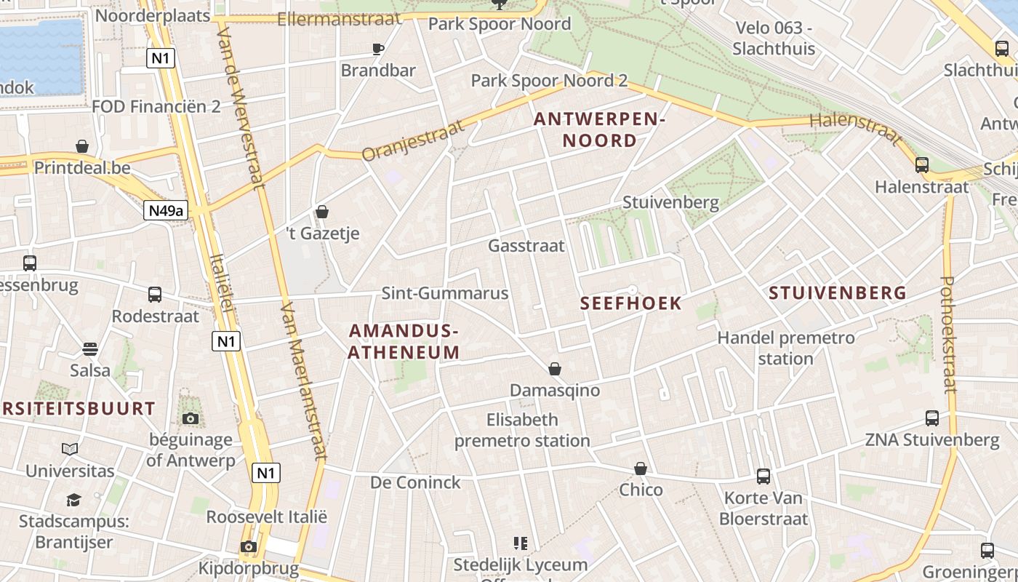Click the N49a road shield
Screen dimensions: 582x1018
[166, 211]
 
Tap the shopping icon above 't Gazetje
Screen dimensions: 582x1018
[322, 212]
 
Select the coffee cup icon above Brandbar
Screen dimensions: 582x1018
[377, 49]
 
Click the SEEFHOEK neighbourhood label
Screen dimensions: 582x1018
[631, 303]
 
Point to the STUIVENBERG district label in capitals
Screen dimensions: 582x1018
[838, 293]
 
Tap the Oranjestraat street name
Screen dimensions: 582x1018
[412, 140]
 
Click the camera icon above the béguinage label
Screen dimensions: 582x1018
[191, 418]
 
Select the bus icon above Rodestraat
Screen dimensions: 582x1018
[155, 295]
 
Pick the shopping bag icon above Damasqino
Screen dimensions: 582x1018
[555, 369]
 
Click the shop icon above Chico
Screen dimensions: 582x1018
[641, 469]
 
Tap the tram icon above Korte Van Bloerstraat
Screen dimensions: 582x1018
[763, 477]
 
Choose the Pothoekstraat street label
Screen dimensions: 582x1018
[948, 335]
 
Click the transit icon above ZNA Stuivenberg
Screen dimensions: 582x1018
[932, 418]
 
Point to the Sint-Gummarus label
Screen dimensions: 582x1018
[445, 293]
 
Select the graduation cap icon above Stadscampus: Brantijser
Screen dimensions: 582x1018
[73, 500]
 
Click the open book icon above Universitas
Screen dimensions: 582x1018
[70, 449]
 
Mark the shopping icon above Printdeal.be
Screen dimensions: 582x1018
[82, 146]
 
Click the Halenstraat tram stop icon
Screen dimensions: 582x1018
[922, 165]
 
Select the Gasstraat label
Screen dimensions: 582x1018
[526, 246]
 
